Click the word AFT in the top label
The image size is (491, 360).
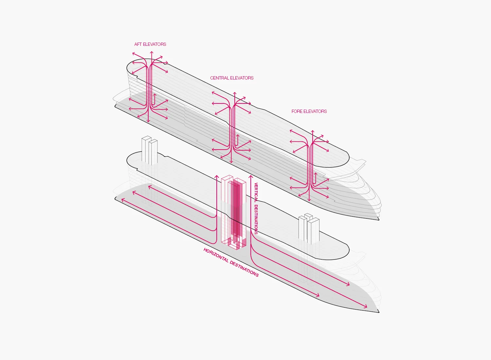pos(138,44)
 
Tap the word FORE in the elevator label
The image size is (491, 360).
pos(297,111)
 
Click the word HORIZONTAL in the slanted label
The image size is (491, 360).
pos(216,255)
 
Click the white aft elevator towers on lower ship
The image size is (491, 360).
pos(150,151)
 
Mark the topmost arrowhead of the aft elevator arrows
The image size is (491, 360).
pos(152,52)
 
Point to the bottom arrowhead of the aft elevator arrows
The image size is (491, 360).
pos(148,122)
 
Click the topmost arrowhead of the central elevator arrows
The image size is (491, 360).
pos(235,93)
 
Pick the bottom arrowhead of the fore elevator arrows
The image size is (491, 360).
pos(309,200)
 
